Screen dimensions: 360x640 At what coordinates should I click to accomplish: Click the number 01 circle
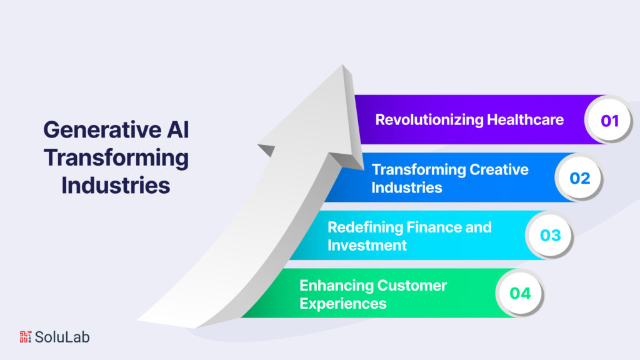click(609, 120)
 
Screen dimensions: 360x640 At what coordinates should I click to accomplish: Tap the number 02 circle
click(579, 178)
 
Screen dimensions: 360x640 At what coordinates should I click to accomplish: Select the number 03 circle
click(550, 236)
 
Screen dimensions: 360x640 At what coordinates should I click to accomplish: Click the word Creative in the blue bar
click(499, 169)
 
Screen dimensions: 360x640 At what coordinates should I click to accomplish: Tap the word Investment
click(367, 245)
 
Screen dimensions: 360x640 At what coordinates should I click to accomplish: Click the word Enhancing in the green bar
click(335, 286)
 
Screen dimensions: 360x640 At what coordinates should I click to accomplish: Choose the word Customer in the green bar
click(411, 286)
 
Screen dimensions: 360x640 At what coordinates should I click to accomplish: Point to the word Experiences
click(342, 304)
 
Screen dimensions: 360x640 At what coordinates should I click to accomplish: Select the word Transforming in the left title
click(116, 157)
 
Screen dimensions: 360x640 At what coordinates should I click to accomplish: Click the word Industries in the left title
click(116, 186)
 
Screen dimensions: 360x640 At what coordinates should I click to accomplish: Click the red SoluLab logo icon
click(26, 337)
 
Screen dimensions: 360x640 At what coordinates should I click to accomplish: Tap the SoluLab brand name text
click(62, 337)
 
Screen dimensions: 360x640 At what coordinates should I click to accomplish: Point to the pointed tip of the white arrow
click(343, 66)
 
